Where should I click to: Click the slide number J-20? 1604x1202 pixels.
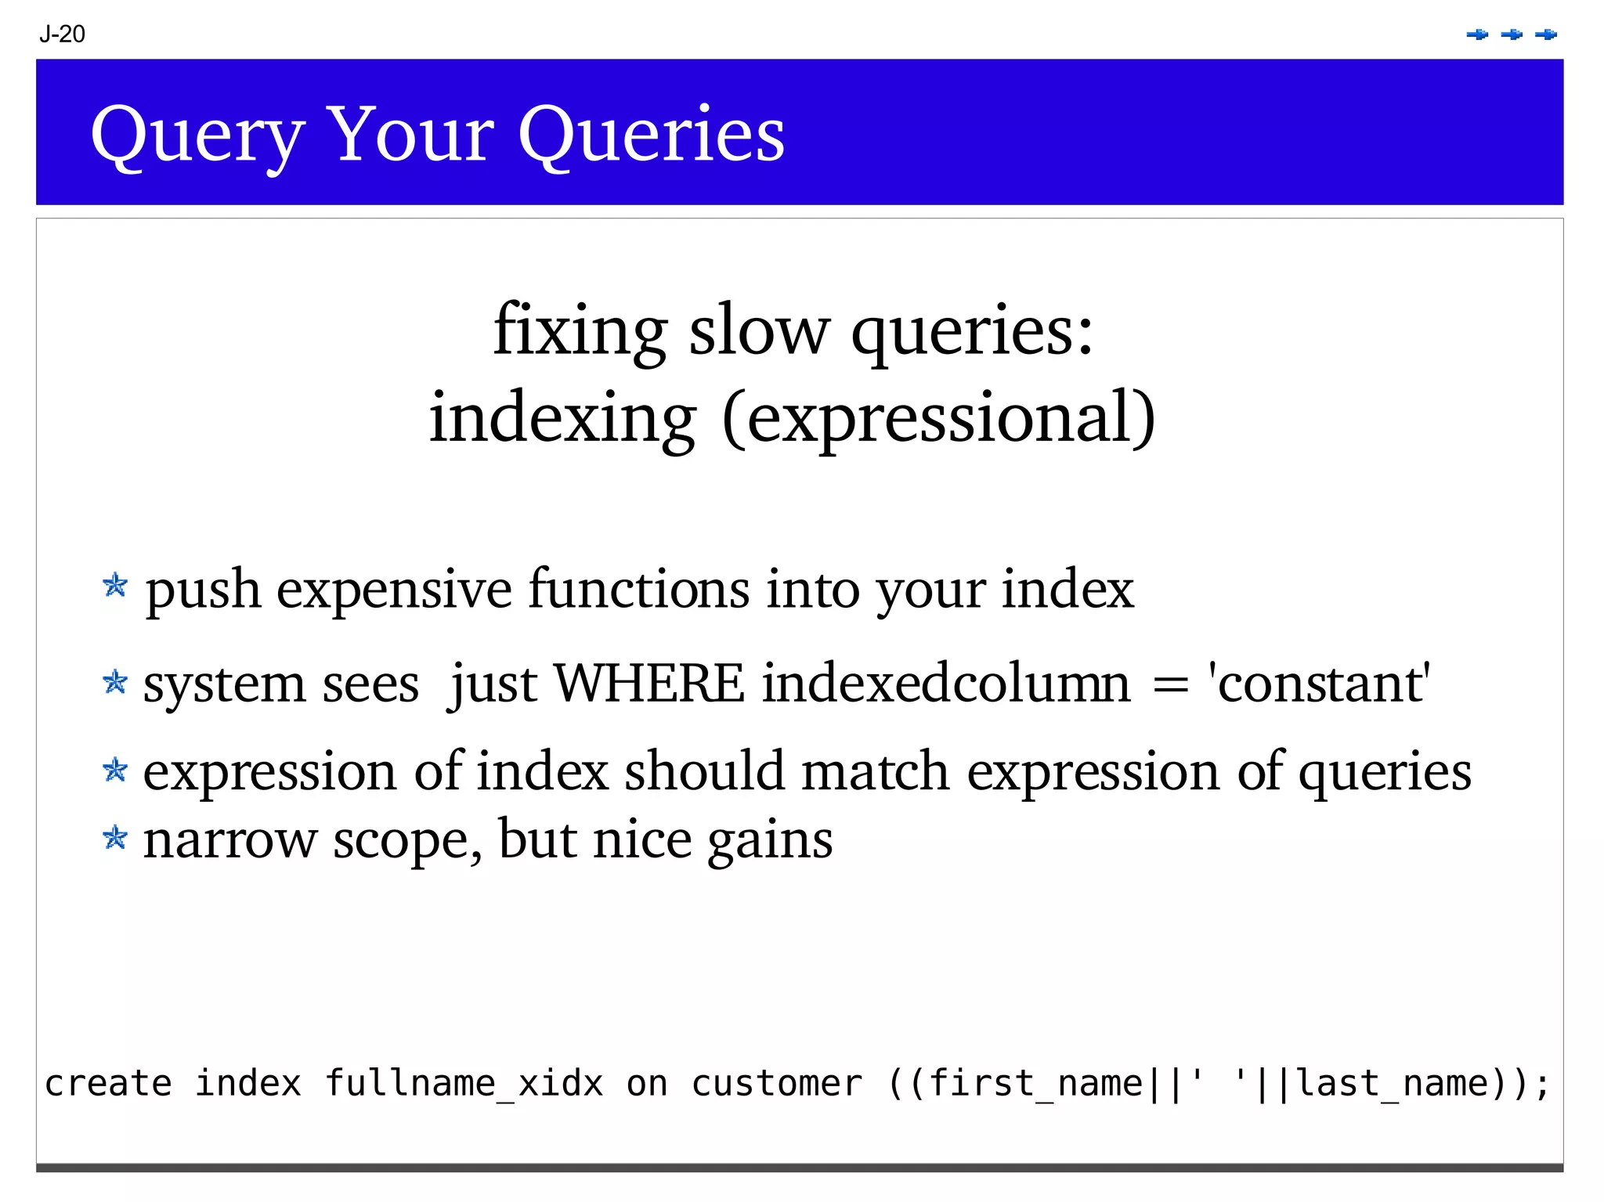(62, 34)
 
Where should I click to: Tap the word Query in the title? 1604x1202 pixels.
(197, 135)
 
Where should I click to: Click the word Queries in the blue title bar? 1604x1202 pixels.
(651, 134)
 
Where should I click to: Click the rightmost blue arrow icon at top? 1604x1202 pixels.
(1546, 34)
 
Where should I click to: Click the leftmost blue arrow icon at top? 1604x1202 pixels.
(1477, 34)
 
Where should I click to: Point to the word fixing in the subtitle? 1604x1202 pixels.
(580, 330)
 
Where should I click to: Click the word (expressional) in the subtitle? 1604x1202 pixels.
(937, 417)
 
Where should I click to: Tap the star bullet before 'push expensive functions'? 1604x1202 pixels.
(115, 585)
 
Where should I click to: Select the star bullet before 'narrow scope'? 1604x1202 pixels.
(115, 838)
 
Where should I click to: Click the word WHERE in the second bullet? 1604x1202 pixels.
(649, 684)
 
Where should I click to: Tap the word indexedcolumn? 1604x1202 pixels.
(946, 684)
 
